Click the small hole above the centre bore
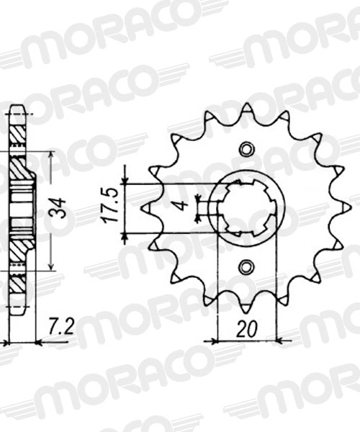click(246, 149)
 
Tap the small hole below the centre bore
click(246, 266)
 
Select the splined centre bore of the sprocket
click(246, 207)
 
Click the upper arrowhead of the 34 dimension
click(51, 155)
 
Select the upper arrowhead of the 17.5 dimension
click(125, 179)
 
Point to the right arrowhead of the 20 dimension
click(277, 339)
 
